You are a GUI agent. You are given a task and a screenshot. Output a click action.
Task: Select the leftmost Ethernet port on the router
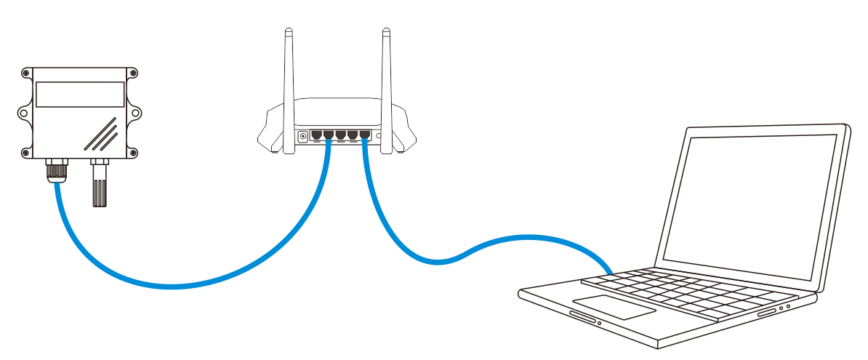(x=316, y=135)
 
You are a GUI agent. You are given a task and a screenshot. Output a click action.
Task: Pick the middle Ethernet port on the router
(x=340, y=135)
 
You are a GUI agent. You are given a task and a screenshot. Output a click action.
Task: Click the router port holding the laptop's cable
(x=364, y=135)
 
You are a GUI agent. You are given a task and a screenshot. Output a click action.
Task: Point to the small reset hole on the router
(x=378, y=135)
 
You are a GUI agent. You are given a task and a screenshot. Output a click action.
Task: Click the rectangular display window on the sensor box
(x=80, y=95)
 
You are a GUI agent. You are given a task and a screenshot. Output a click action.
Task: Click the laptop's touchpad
(x=614, y=306)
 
